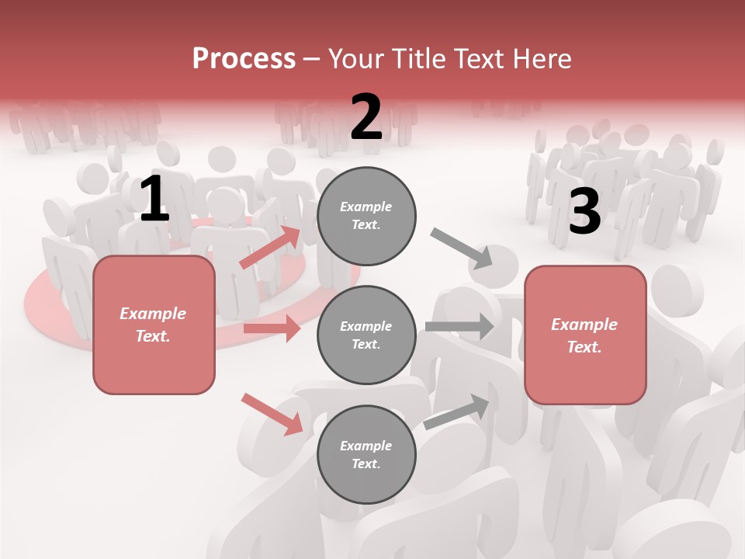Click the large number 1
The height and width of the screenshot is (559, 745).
coord(154,200)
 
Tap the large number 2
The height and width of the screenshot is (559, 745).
coord(366,117)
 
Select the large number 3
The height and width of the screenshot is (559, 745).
coord(584,211)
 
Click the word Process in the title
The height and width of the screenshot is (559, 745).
coord(244,58)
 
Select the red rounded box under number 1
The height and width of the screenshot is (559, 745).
coord(154,325)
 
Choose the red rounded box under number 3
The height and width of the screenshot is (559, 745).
coord(585,335)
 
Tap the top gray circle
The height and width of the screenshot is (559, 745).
coord(366,216)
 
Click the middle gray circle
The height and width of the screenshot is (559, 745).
coord(366,335)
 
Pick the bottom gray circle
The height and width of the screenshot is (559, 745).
coord(366,454)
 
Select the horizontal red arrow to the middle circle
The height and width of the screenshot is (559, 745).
coord(272,328)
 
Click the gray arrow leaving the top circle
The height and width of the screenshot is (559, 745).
coord(462,248)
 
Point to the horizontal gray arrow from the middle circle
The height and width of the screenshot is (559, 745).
coord(459,326)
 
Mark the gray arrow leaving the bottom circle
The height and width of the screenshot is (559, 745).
coord(457,411)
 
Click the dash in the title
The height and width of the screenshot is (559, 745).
coord(311,59)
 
